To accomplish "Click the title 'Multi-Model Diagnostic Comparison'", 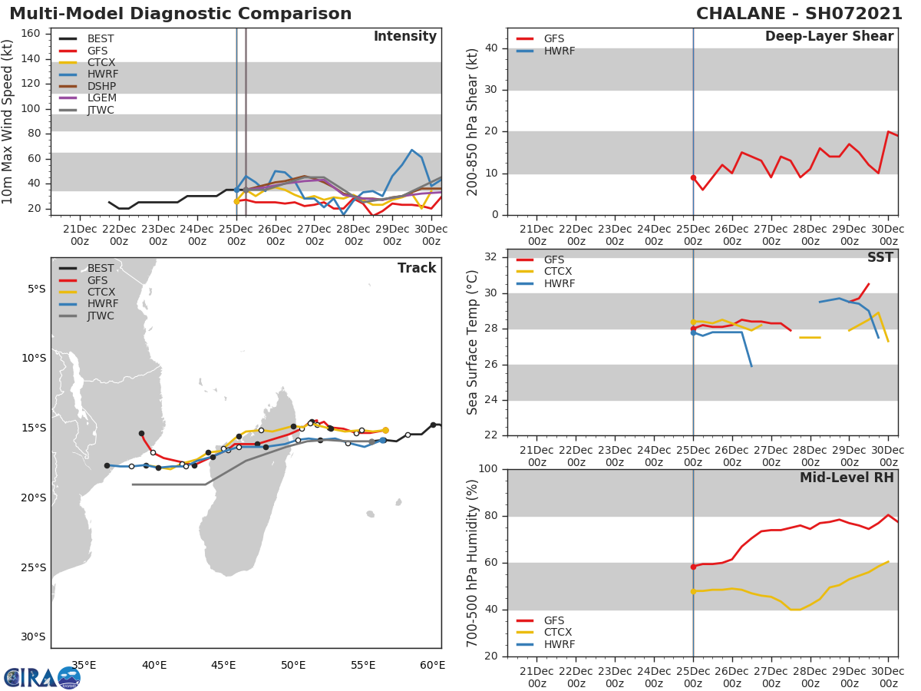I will pos(180,14).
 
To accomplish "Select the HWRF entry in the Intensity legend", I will pos(103,74).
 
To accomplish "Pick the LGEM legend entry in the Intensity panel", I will pos(101,98).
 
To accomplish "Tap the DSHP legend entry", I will pos(102,86).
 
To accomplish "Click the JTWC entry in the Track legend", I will pos(101,316).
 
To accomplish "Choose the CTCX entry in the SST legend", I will pos(557,272).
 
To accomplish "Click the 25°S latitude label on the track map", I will pos(33,567).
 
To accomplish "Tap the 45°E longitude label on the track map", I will pos(223,665).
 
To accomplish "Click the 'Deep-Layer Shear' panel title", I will pos(829,37).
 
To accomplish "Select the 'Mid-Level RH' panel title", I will pos(847,478).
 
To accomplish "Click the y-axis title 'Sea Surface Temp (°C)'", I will pos(473,342).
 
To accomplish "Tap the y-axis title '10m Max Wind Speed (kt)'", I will pos(8,121).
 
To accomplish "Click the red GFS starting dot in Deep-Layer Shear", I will pos(693,177).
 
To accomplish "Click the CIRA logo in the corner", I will pos(42,677).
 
